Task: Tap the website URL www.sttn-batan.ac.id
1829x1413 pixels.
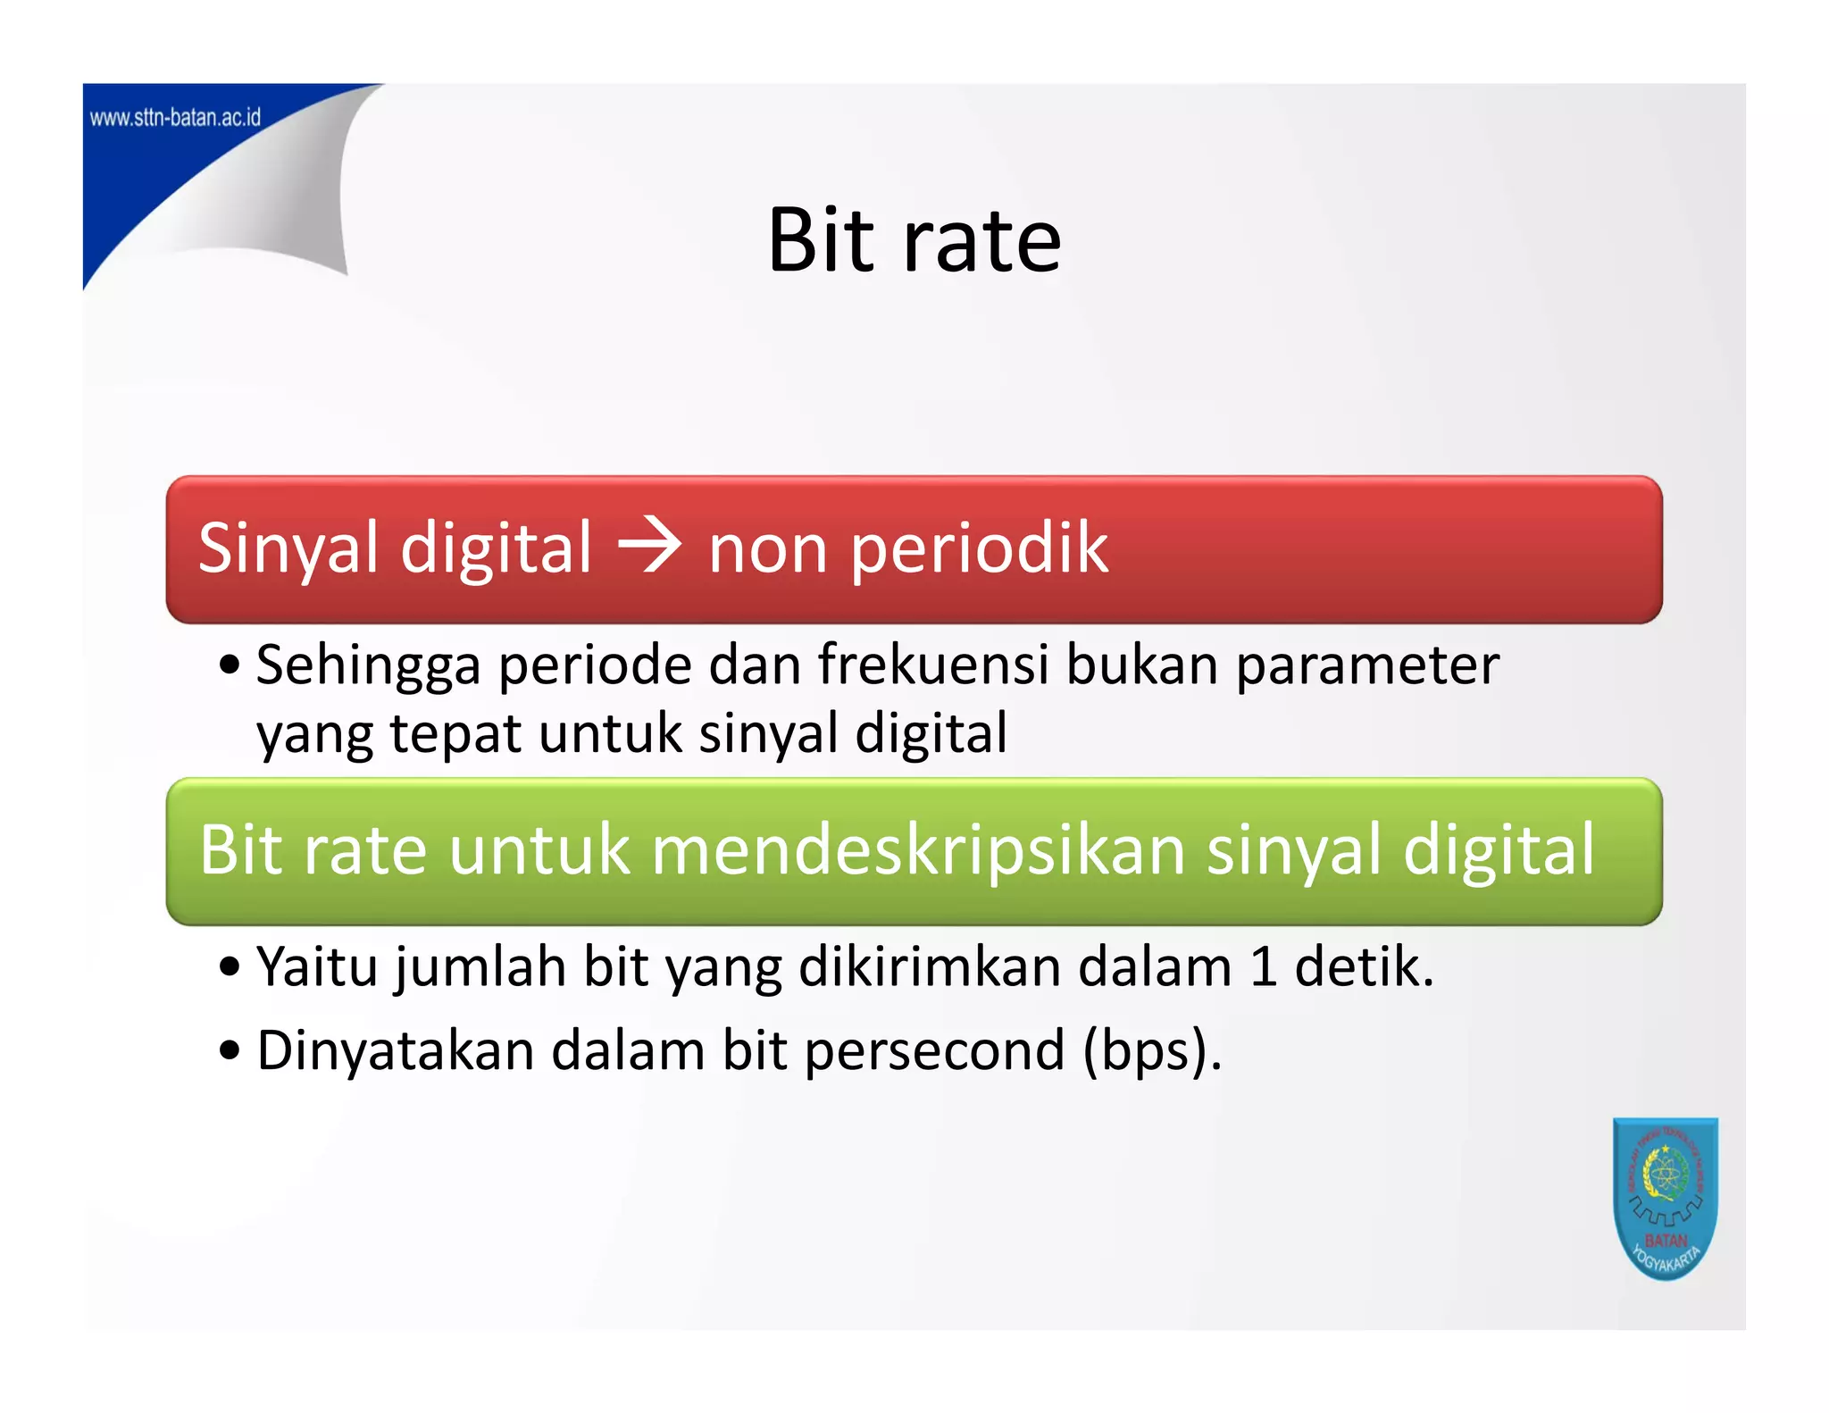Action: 176,118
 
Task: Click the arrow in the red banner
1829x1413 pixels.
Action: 650,547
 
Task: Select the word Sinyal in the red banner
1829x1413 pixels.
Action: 288,548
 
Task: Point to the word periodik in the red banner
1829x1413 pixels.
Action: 979,548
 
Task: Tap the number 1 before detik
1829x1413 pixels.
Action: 1263,966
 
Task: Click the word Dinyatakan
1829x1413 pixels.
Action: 395,1051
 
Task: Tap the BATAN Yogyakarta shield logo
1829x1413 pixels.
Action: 1665,1199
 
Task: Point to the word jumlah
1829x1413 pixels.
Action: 481,968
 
